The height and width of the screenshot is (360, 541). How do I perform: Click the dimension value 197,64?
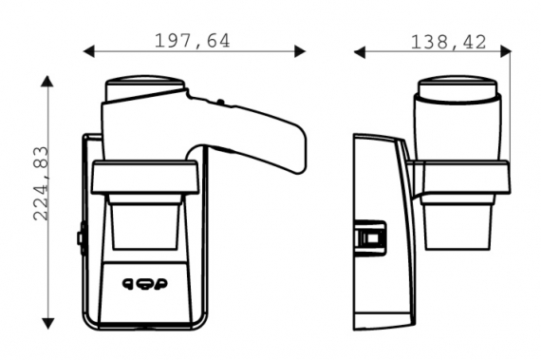click(192, 41)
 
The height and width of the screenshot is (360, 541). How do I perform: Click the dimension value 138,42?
click(448, 42)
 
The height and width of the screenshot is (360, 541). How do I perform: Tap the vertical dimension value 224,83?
click(41, 183)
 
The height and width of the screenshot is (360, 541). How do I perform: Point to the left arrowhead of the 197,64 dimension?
click(88, 51)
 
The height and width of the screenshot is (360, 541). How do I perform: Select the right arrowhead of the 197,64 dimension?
click(300, 51)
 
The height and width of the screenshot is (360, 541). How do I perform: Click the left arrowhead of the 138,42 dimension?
click(360, 52)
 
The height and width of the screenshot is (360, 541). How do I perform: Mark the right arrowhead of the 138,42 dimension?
click(506, 51)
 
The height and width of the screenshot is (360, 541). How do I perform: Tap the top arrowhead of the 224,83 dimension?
click(47, 81)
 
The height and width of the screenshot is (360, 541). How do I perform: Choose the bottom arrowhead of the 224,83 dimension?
click(48, 323)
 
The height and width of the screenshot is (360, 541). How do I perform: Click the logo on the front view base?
click(145, 284)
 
